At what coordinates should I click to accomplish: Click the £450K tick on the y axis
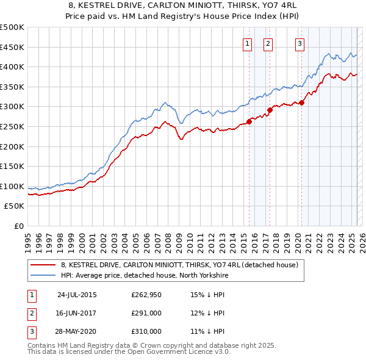point(12,47)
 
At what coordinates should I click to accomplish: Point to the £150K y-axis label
point(12,166)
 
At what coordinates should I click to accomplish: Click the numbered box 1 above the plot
point(248,43)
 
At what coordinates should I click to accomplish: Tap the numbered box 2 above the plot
point(268,43)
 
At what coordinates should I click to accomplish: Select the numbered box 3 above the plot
point(300,43)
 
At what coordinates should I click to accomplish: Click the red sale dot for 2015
point(249,121)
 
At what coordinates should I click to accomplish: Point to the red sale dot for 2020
point(301,103)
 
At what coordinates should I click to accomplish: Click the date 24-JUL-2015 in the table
point(77,295)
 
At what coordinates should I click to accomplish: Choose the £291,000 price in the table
point(146,313)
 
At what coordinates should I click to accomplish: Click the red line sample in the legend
point(43,265)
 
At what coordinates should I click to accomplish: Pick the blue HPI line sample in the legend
point(43,275)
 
